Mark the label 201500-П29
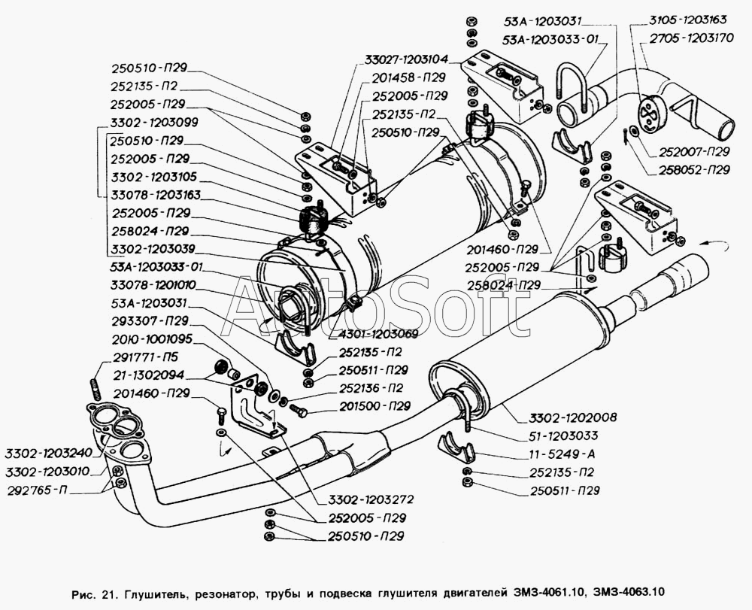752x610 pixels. pos(374,406)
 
